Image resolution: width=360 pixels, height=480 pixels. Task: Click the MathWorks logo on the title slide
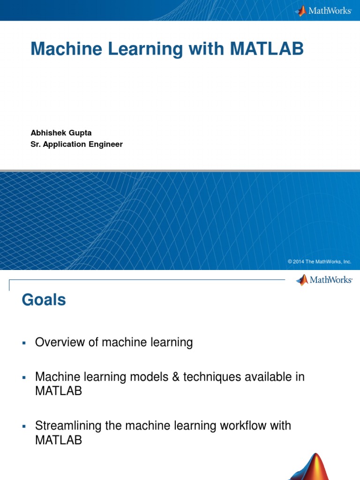coord(323,10)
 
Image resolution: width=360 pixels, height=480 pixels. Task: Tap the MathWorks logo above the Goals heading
coord(324,280)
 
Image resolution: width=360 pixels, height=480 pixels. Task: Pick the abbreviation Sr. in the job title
coord(36,144)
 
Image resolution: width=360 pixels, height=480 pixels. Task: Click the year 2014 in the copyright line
coord(299,262)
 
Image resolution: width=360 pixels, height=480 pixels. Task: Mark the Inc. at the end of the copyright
coord(347,262)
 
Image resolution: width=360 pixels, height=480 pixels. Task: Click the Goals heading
coord(44,300)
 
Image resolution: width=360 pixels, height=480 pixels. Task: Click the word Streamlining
coord(65,426)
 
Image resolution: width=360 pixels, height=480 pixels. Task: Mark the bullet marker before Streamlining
coord(23,427)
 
